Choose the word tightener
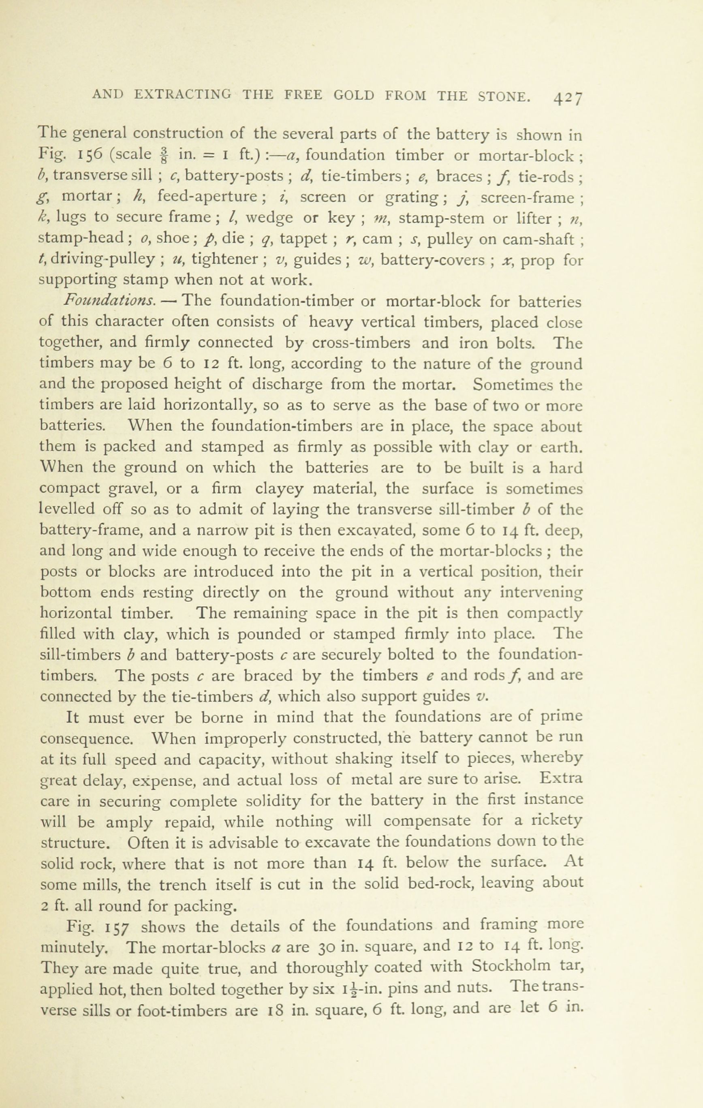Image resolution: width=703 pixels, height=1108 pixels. [226, 259]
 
